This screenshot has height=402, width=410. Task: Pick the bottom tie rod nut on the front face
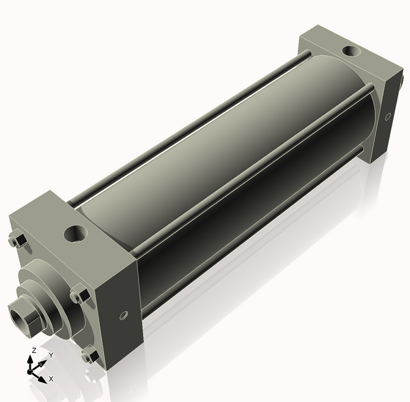[x=88, y=356]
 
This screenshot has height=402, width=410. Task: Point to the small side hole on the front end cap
[x=123, y=316]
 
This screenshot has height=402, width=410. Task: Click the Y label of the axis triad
[x=50, y=356]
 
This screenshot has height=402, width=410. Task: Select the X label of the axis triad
[x=51, y=378]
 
